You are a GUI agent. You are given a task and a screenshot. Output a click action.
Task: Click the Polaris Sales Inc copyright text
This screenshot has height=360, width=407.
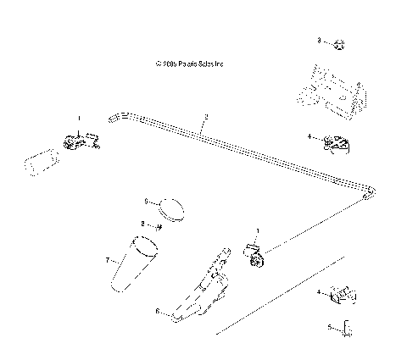(189, 63)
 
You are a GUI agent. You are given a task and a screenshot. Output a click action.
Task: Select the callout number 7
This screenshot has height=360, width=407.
(108, 261)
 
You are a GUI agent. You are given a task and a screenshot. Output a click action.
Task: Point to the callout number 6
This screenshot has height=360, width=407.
(157, 311)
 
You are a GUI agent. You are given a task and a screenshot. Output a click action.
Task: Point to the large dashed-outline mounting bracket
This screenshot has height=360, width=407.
(331, 91)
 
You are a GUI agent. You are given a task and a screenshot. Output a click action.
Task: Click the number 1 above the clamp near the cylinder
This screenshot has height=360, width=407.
(80, 119)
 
